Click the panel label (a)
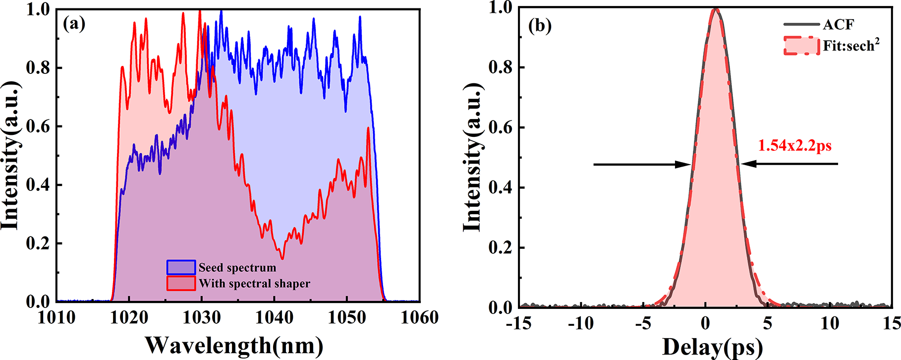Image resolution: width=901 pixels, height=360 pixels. click(x=74, y=24)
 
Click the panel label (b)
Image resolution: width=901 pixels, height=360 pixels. click(x=540, y=25)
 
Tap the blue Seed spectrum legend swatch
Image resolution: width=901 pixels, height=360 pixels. click(x=181, y=267)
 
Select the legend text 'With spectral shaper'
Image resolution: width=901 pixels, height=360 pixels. click(x=254, y=284)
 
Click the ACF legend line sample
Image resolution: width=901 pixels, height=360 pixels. click(x=801, y=24)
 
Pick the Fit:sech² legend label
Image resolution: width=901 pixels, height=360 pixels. click(x=851, y=46)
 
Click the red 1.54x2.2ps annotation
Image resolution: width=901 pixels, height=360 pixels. click(x=794, y=146)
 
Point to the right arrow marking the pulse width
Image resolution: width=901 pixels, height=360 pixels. click(x=790, y=164)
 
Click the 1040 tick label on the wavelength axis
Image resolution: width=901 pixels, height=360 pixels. click(x=274, y=317)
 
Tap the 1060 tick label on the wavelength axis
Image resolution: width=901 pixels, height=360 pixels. click(x=419, y=317)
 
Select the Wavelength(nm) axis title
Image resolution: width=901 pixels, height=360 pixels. click(x=234, y=345)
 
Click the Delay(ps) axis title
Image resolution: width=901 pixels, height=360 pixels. click(x=712, y=347)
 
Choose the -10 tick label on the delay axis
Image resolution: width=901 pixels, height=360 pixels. click(x=580, y=324)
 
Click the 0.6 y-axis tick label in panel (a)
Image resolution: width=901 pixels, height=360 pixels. click(x=38, y=126)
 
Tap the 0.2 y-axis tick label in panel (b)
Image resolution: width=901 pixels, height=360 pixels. click(x=501, y=247)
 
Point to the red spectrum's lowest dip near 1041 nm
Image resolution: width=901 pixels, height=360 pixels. click(x=282, y=258)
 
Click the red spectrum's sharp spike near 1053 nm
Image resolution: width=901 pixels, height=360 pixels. click(x=368, y=128)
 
